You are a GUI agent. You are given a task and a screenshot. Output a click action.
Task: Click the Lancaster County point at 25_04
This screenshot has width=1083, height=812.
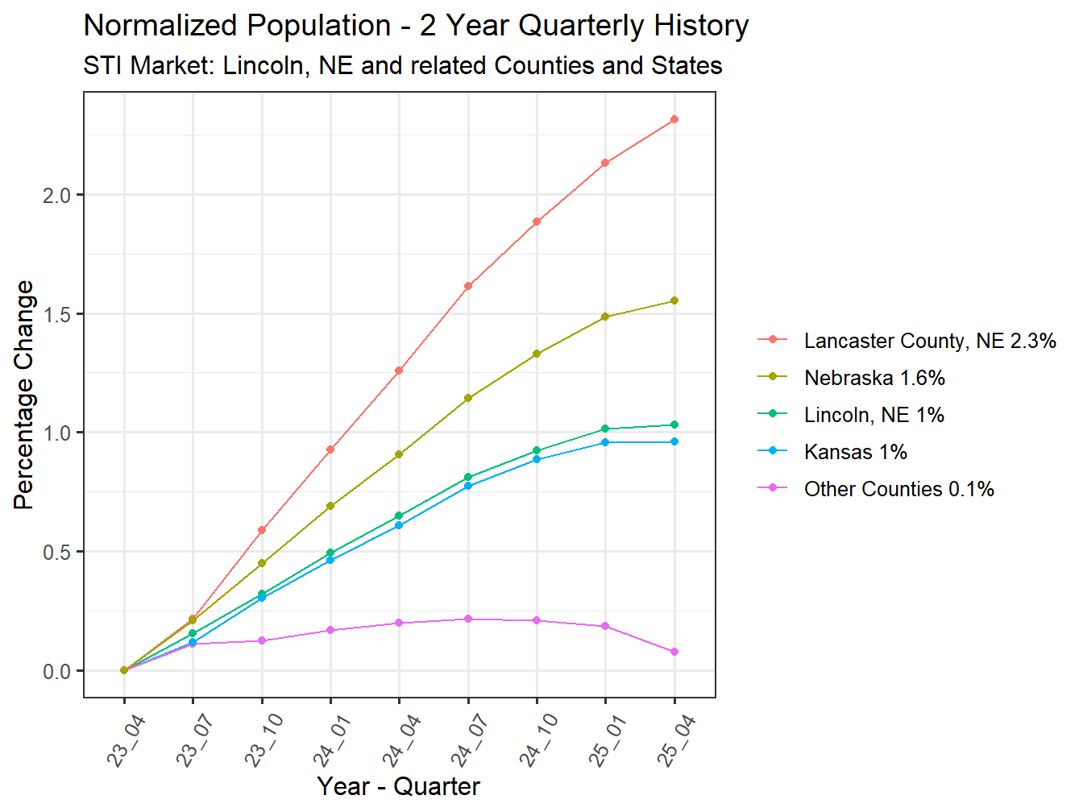click(x=674, y=119)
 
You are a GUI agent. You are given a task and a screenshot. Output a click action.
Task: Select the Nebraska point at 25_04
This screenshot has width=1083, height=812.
click(x=674, y=300)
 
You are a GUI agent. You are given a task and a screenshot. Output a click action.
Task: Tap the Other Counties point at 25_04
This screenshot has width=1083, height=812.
click(x=674, y=652)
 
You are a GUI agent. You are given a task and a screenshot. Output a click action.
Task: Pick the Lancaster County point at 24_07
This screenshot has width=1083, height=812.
click(x=468, y=286)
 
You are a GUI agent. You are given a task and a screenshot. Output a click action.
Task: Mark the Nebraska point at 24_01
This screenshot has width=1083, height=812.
click(x=330, y=506)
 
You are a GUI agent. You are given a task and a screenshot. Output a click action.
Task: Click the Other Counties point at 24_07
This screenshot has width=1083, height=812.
click(x=468, y=619)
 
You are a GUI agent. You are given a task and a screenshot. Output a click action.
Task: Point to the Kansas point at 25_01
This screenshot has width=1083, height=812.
click(x=605, y=442)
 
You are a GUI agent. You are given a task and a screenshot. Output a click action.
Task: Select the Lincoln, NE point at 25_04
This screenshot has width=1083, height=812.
click(x=674, y=425)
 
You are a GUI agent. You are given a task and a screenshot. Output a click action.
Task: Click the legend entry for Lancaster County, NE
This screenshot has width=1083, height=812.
click(x=929, y=341)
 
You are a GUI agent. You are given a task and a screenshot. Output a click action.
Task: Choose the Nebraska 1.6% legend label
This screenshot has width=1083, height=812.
click(x=874, y=378)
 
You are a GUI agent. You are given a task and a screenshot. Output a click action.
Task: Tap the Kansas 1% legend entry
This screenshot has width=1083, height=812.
click(x=855, y=452)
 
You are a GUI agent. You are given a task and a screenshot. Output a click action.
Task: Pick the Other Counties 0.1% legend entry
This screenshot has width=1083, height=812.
click(x=898, y=489)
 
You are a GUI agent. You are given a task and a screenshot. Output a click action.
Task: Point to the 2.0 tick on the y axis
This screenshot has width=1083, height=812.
click(x=56, y=195)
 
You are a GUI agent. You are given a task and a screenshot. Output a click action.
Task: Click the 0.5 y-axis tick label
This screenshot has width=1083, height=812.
click(x=56, y=552)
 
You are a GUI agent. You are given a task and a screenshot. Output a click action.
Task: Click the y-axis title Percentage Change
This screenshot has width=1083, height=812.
click(x=24, y=395)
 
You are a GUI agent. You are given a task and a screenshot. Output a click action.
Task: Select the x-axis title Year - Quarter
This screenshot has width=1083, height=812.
click(x=398, y=786)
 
